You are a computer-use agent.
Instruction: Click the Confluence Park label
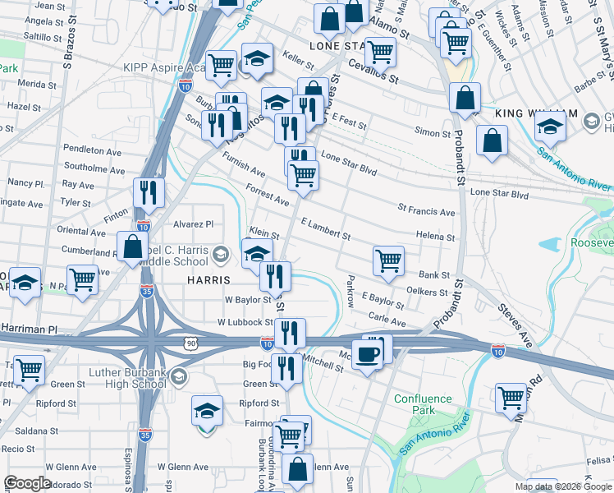pyautogui.click(x=423, y=404)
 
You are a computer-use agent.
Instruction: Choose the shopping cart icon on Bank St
pyautogui.click(x=388, y=260)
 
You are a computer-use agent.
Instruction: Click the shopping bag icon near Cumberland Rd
pyautogui.click(x=132, y=246)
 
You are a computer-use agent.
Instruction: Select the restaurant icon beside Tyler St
pyautogui.click(x=149, y=192)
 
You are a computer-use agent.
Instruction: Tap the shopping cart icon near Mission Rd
pyautogui.click(x=511, y=398)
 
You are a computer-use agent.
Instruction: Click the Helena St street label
pyautogui.click(x=435, y=237)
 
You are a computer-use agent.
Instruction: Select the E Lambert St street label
pyautogui.click(x=325, y=228)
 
